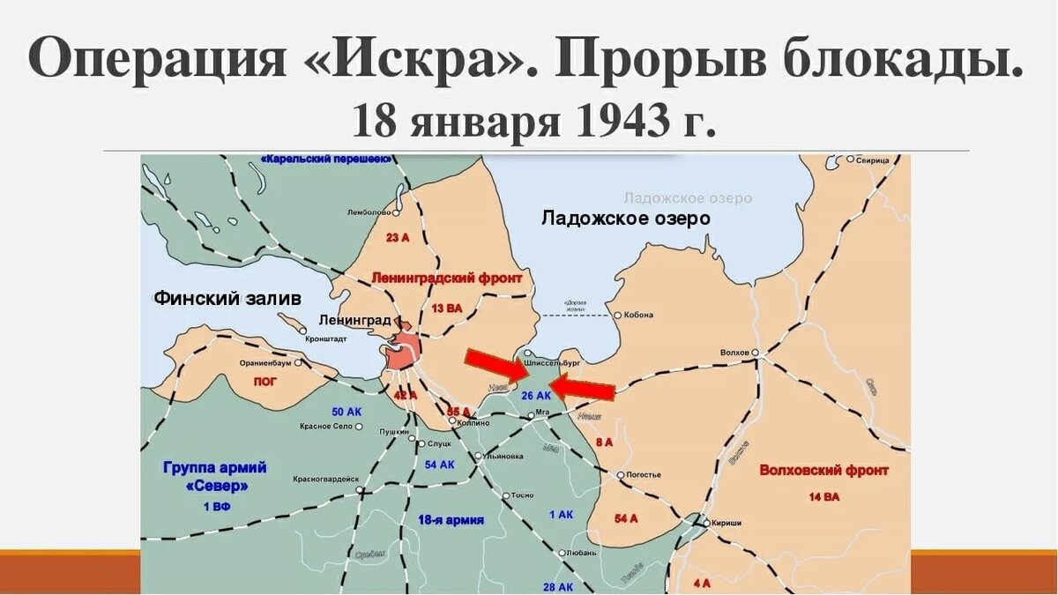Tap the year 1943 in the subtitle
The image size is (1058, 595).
coord(618,121)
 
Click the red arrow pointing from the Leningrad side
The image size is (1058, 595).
coord(496,365)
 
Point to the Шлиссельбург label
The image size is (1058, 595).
coord(551,362)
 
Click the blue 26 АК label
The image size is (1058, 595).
coord(536,396)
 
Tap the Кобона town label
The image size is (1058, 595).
coord(643,315)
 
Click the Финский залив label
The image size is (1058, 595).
coord(227,298)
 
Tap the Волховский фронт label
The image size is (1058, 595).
coord(823,471)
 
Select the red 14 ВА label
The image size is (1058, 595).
coord(823,497)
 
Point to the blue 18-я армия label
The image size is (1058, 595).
coord(451,520)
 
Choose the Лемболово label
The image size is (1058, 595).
coord(369,212)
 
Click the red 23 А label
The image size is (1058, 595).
coord(398,238)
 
